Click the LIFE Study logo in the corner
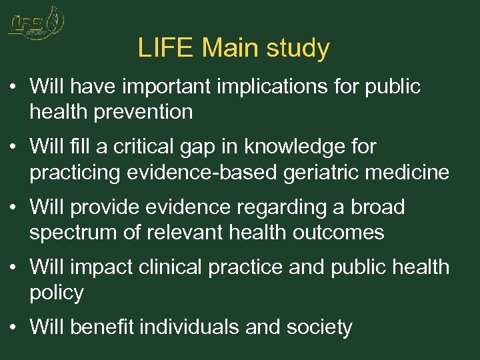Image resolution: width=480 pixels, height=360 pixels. pos(35,24)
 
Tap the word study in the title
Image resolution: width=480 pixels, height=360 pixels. pos(298,49)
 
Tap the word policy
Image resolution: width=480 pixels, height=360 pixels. pos(57,293)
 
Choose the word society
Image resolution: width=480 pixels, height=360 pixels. pos(318,327)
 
